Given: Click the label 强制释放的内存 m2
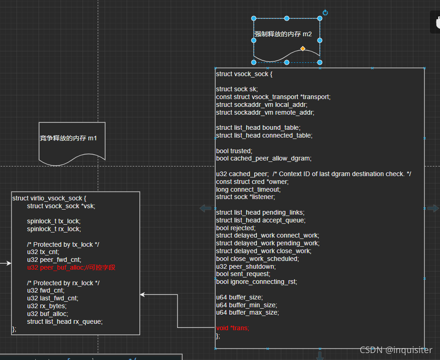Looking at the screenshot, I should click(x=283, y=34).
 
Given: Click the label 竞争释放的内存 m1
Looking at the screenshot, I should click(x=68, y=138).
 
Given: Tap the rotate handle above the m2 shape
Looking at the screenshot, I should click(x=325, y=13).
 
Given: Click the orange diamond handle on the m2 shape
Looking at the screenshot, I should click(x=303, y=48).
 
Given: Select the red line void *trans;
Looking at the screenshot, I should click(x=233, y=328).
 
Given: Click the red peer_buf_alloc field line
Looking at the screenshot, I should click(x=71, y=267).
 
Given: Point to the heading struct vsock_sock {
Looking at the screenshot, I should click(x=244, y=74).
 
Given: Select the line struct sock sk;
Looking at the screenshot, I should click(x=237, y=89).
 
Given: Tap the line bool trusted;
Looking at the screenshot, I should click(x=234, y=151).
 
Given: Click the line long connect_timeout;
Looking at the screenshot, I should click(x=248, y=189).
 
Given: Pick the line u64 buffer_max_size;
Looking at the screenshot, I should click(x=247, y=312).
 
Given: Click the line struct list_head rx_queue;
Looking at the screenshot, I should click(x=65, y=321).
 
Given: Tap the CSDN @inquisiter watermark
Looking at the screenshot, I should click(x=395, y=350).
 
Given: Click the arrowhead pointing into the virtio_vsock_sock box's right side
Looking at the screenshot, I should click(x=143, y=294).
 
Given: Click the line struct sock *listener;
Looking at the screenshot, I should click(x=245, y=197).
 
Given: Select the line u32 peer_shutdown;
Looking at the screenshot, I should click(x=245, y=266).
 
